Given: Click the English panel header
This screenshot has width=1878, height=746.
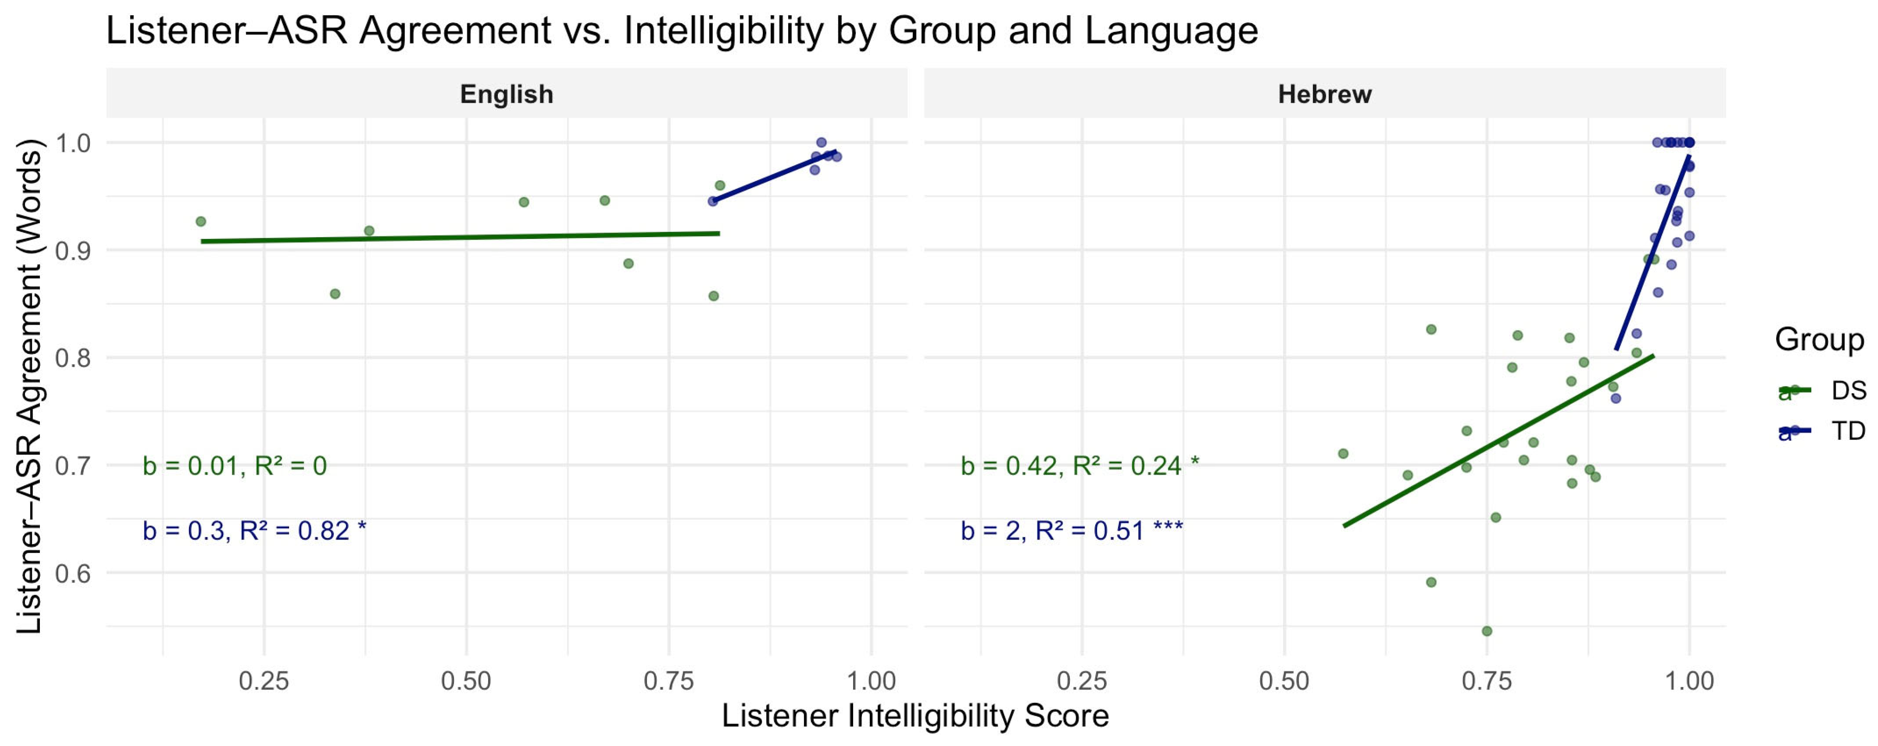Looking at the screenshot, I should pyautogui.click(x=507, y=94).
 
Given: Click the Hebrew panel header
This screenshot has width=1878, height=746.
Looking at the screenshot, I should pyautogui.click(x=1325, y=94).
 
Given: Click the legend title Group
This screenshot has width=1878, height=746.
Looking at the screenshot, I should pyautogui.click(x=1819, y=340).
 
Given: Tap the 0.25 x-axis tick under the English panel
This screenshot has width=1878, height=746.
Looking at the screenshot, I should pyautogui.click(x=264, y=681).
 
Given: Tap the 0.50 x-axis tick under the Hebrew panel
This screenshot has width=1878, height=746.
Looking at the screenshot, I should pyautogui.click(x=1285, y=681).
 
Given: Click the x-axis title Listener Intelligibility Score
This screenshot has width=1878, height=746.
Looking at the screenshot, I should pyautogui.click(x=915, y=716).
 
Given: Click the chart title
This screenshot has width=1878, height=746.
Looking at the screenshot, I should pyautogui.click(x=682, y=31).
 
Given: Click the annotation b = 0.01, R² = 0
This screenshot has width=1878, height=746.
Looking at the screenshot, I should pyautogui.click(x=235, y=465).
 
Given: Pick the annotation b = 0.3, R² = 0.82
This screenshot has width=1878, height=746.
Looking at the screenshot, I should pyautogui.click(x=254, y=530).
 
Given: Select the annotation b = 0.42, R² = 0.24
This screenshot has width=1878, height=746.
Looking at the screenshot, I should pyautogui.click(x=1079, y=465).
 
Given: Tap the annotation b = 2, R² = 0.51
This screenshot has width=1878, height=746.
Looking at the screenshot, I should pyautogui.click(x=1072, y=530).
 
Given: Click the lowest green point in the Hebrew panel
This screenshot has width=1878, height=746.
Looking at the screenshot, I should pyautogui.click(x=1487, y=631).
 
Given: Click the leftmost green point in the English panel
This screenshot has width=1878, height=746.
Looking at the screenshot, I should pyautogui.click(x=201, y=221).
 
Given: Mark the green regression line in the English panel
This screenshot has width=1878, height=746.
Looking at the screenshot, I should pyautogui.click(x=459, y=237).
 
